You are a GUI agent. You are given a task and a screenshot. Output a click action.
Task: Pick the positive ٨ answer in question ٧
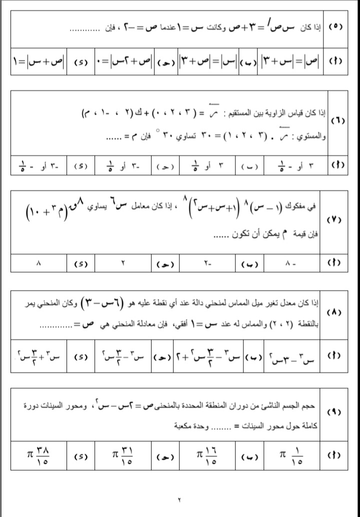pyautogui.click(x=39, y=262)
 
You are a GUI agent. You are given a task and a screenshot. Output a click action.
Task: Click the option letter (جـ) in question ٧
pyautogui.click(x=165, y=262)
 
